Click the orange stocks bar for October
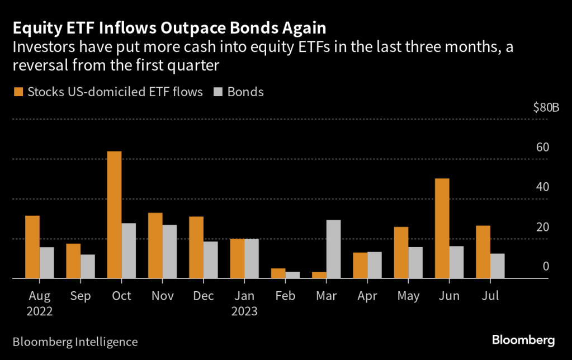(115, 215)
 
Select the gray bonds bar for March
(333, 249)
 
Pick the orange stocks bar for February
(278, 273)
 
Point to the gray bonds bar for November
(169, 252)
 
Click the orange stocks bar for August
(32, 247)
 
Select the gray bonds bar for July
(497, 266)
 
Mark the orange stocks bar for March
(319, 275)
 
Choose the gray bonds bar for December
(210, 259)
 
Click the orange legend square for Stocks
(18, 92)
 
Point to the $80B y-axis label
(546, 107)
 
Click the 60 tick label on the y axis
(542, 148)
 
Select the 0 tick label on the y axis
(546, 266)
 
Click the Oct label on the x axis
(121, 295)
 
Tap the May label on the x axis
(408, 295)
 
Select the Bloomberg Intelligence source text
(75, 341)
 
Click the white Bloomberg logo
(523, 340)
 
